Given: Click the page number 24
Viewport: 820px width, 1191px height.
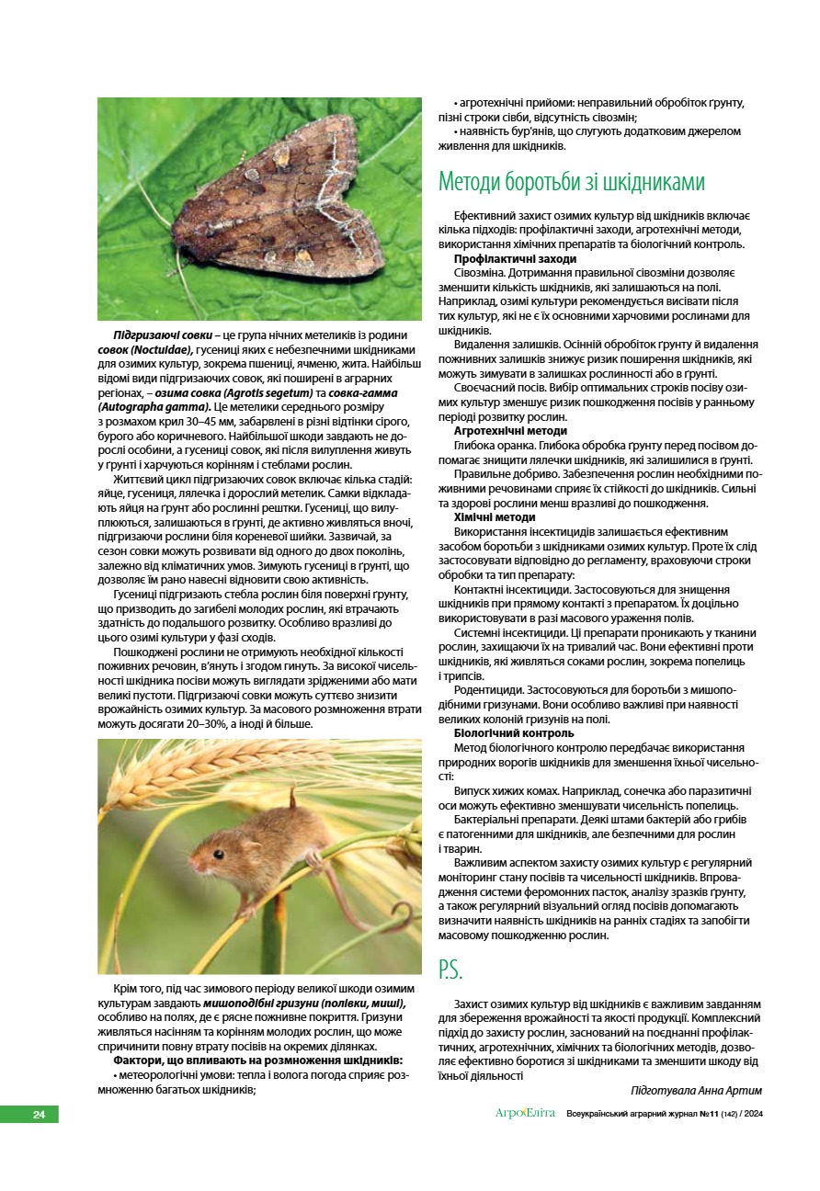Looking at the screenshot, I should (39, 1115).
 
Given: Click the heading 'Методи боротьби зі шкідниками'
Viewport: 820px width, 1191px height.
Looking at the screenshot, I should (571, 181).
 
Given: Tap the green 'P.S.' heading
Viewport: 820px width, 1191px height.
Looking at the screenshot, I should (450, 970).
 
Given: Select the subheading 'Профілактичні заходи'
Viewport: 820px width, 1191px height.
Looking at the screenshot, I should (515, 259).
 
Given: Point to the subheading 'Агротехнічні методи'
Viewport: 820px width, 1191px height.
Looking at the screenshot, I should (510, 430).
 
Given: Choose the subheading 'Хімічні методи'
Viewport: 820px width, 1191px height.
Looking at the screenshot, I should (495, 517).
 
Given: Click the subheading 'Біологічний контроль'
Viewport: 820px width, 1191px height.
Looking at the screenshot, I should (514, 733).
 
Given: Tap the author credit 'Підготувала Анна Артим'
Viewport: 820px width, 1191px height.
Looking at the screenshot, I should (696, 1090).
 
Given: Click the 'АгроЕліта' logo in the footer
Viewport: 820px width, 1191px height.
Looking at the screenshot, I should (525, 1114).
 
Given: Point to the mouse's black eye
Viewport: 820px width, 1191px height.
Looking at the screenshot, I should (219, 854).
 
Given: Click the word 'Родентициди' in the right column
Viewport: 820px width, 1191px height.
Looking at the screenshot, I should (489, 690).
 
